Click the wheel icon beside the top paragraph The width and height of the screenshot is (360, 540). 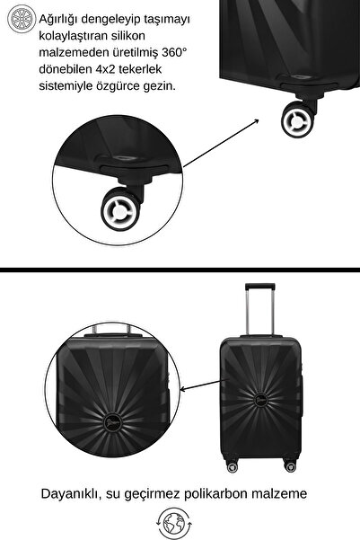(x=22, y=19)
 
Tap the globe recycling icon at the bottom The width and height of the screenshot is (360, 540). (x=174, y=524)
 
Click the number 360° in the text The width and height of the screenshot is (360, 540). (x=174, y=52)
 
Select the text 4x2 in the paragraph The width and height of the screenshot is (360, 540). (x=106, y=69)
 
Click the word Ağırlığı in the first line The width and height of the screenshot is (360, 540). (x=58, y=20)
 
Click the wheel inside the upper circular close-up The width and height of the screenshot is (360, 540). (x=120, y=209)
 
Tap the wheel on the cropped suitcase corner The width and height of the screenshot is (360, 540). (x=297, y=120)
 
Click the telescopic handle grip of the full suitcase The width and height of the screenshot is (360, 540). (x=259, y=287)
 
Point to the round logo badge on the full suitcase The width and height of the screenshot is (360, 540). (x=261, y=400)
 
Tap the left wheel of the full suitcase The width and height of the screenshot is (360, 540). (x=233, y=467)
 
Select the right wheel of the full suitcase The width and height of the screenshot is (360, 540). (x=290, y=466)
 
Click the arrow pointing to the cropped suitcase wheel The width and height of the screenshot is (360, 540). (x=221, y=143)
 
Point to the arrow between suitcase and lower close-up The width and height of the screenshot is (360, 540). (x=204, y=385)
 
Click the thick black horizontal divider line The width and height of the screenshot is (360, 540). (x=180, y=270)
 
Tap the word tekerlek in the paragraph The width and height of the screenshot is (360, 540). (x=140, y=69)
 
